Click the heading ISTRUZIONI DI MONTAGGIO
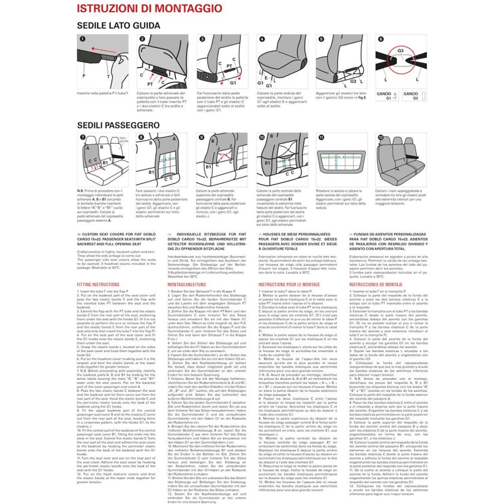coord(149,9)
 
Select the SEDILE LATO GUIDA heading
coord(118,26)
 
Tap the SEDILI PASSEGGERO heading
coord(118,125)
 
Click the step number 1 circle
coord(82,39)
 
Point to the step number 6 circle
coord(381,39)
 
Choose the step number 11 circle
coord(321,137)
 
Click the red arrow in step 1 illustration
coord(104,49)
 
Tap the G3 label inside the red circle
coord(400,51)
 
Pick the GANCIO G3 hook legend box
coord(414,96)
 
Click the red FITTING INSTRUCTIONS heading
coord(98,284)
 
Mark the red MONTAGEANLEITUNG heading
coord(186,284)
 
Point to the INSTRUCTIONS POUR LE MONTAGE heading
coord(289,284)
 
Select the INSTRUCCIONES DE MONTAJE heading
coord(376,284)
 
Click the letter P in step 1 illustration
coord(84,76)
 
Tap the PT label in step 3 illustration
coord(229,66)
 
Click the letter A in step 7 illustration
coord(87,148)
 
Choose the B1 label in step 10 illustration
coord(267,163)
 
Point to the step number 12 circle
coord(381,137)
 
